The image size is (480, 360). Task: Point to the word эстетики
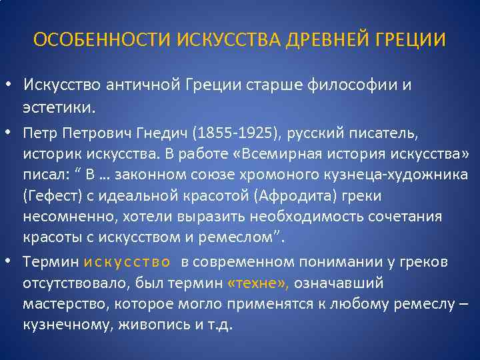60,106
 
